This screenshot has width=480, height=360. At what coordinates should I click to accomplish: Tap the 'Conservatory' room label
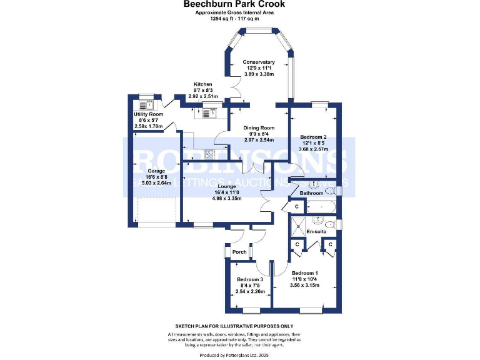[x=259, y=62]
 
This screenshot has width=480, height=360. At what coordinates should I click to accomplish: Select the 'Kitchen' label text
[x=202, y=84]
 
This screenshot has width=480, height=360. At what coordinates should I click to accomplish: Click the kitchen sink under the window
[x=208, y=113]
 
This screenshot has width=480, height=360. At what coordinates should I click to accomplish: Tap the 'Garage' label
[x=156, y=171]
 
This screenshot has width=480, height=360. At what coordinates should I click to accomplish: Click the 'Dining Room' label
[x=259, y=127]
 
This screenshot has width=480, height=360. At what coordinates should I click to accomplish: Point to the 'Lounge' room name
[x=226, y=186]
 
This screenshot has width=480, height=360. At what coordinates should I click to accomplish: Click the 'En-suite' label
[x=317, y=232]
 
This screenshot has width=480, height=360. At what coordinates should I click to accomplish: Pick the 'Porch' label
[x=239, y=252]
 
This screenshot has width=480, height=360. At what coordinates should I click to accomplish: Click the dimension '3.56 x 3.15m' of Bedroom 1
[x=304, y=285]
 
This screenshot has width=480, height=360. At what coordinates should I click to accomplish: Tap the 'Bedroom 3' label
[x=250, y=279]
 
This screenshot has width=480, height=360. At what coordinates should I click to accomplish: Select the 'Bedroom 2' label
[x=313, y=137]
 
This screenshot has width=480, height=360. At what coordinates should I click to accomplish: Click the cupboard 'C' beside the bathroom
[x=296, y=206]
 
